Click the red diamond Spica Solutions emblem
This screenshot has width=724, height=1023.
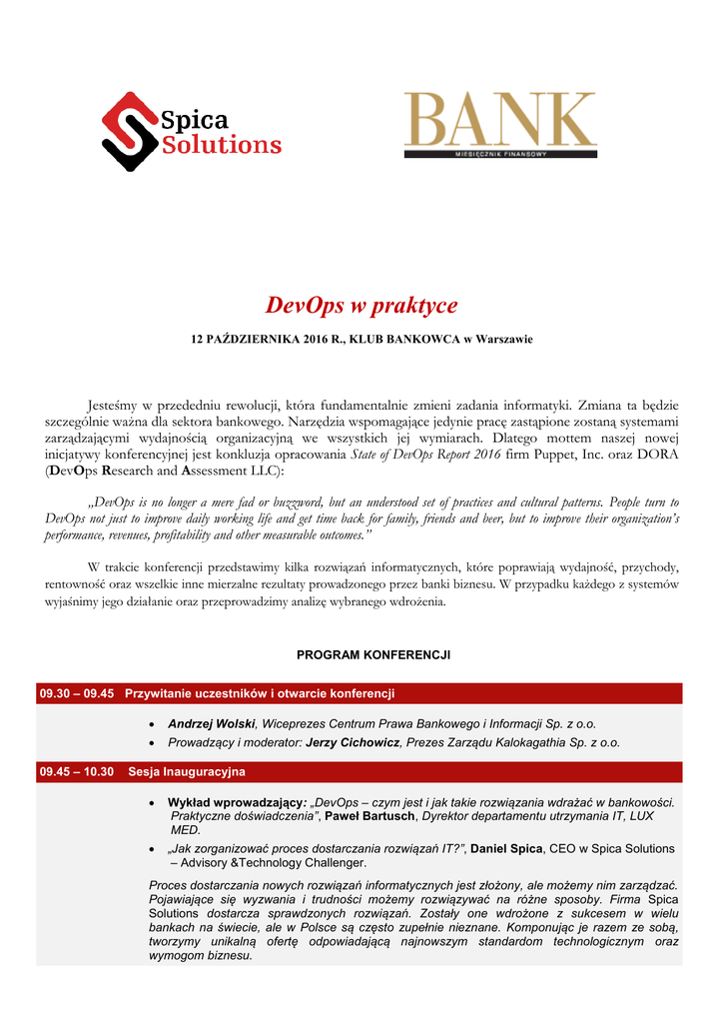[131, 132]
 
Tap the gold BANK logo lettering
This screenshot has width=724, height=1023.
[499, 120]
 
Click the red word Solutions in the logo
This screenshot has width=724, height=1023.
[221, 146]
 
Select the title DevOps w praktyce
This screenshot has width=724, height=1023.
[362, 305]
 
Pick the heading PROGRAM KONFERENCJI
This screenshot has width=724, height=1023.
[373, 655]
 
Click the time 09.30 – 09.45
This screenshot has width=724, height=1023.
[77, 693]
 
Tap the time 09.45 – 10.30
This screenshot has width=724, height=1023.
[77, 772]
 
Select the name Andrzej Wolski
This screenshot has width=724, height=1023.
[212, 723]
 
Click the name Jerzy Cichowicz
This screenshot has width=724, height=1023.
[350, 743]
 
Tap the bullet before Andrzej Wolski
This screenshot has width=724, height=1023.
[151, 723]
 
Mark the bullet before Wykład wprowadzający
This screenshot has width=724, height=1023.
[151, 802]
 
